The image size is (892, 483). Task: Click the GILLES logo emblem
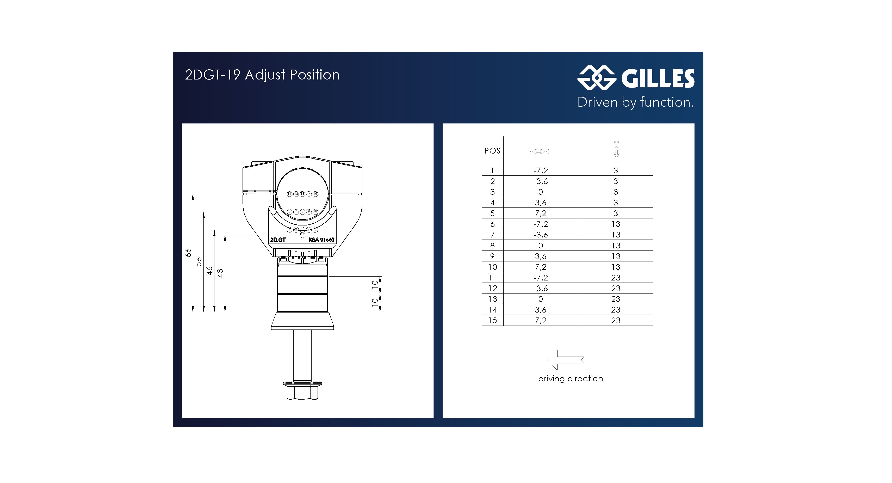point(596,78)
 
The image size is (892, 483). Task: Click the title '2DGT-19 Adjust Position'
point(262,75)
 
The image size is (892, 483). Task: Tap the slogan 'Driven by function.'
point(635,102)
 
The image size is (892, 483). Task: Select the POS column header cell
point(492,151)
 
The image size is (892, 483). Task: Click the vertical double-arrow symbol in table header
point(616,151)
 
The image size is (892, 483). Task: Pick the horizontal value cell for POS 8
point(540,246)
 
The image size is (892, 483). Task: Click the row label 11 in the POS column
point(492,278)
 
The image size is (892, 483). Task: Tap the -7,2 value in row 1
point(540,170)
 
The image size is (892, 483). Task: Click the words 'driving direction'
point(570,379)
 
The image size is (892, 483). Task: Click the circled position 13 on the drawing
point(302,194)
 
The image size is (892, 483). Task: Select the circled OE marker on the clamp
point(302,235)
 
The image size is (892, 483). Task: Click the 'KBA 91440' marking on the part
point(321,240)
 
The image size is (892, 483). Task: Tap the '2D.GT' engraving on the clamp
point(278,240)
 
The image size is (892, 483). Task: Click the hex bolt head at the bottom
point(302,392)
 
